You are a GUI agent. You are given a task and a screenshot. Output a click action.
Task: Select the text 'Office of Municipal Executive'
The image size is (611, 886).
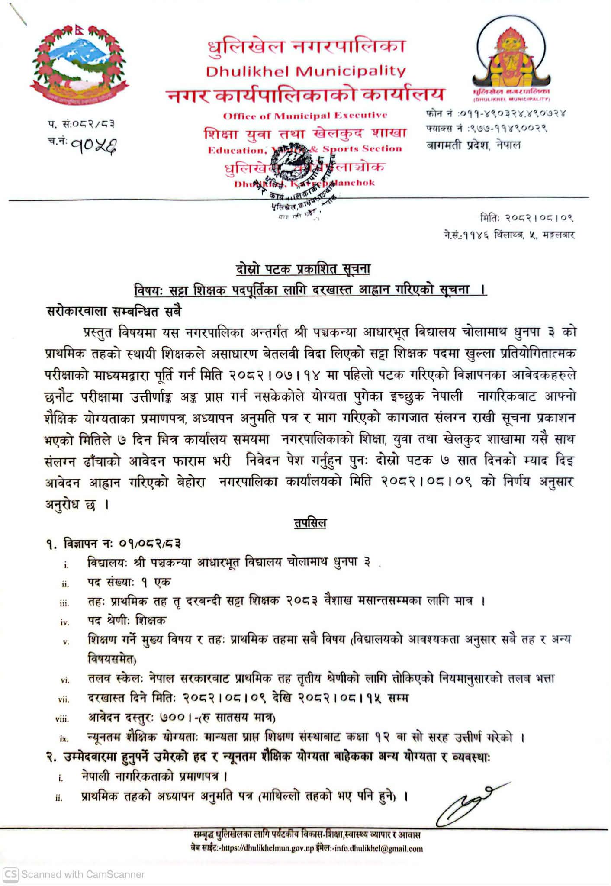pyautogui.click(x=305, y=116)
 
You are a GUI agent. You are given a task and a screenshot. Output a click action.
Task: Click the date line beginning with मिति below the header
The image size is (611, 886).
pyautogui.click(x=527, y=218)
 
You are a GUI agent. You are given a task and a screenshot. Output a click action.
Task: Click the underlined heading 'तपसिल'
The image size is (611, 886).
pyautogui.click(x=310, y=523)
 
